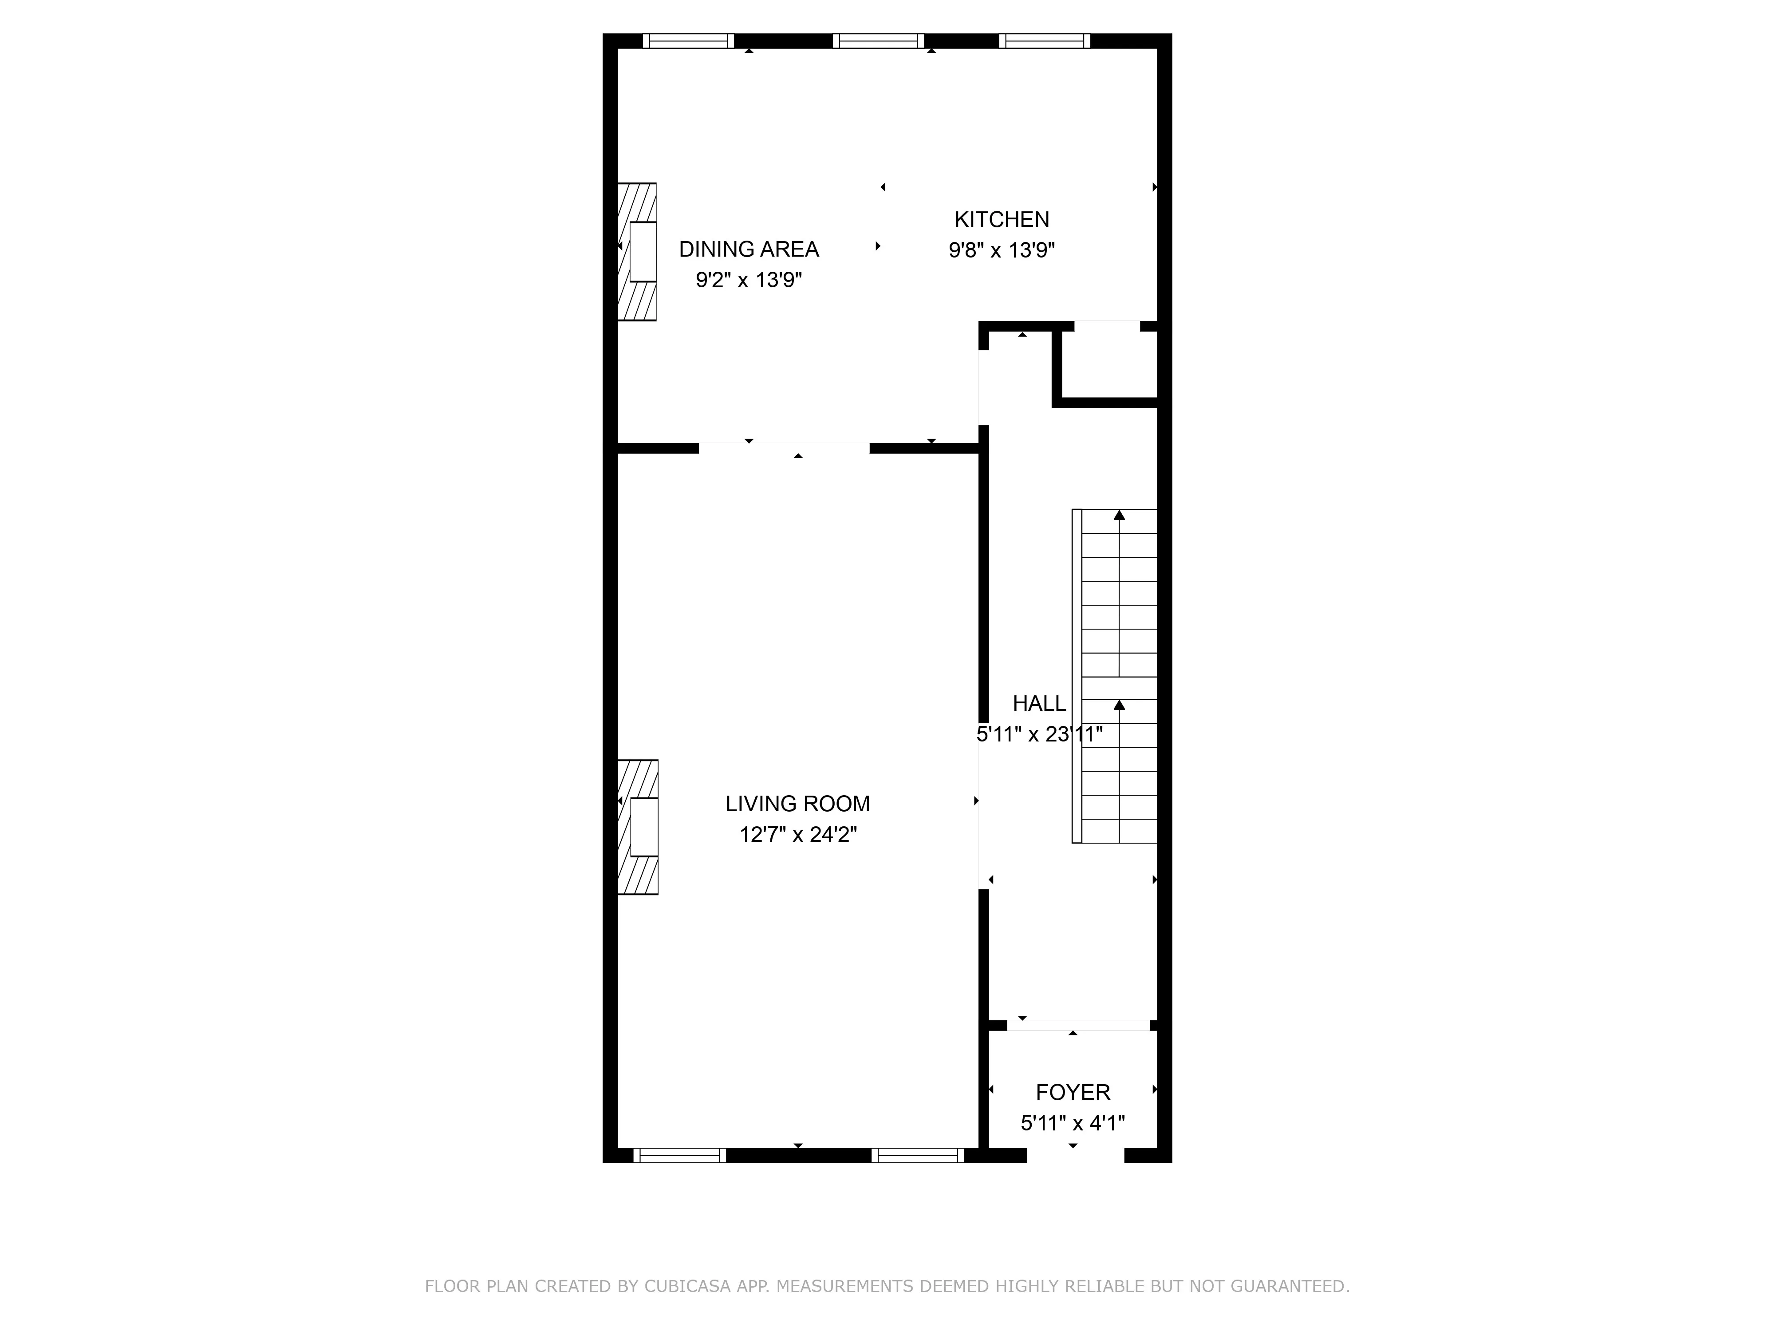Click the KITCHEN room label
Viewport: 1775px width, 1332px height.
point(1002,219)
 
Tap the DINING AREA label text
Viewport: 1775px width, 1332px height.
point(749,250)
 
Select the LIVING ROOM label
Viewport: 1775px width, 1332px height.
point(797,804)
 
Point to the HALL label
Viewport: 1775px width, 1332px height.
point(1039,703)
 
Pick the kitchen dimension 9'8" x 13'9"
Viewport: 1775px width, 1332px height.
point(1002,250)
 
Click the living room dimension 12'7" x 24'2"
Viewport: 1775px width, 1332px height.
point(797,835)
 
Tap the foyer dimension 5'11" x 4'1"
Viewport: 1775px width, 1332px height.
point(1073,1122)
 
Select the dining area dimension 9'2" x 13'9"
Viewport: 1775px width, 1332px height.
point(749,280)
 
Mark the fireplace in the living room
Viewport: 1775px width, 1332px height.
point(638,827)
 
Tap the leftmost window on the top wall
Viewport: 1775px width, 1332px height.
point(689,41)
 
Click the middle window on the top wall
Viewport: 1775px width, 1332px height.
point(879,41)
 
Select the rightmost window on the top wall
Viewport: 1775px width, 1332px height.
point(1045,41)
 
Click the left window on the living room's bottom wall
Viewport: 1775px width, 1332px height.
point(680,1155)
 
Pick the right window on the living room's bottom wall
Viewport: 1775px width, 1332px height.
point(918,1155)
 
